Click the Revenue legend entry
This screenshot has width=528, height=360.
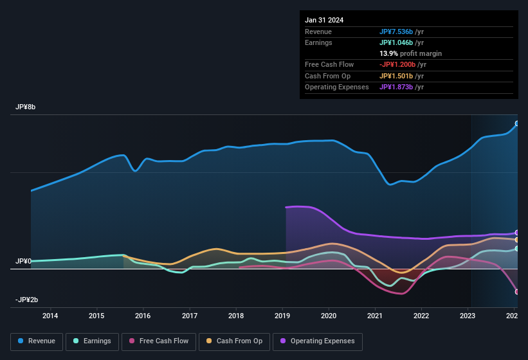37,341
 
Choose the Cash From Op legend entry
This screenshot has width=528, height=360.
235,341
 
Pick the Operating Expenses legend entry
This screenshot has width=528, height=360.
318,341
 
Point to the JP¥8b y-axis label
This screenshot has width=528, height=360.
26,107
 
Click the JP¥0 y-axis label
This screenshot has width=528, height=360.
24,262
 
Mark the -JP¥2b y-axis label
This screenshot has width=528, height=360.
26,300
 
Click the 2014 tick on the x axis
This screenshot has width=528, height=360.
50,316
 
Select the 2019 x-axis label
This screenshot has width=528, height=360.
282,316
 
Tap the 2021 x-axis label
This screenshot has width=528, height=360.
375,316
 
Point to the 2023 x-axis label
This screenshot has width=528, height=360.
468,316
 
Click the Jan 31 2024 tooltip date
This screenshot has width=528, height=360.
324,20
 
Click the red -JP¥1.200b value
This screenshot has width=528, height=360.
397,64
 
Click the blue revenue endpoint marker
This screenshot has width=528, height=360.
516,123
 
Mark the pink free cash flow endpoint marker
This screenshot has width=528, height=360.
516,292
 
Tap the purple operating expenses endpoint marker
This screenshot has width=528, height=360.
516,233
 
